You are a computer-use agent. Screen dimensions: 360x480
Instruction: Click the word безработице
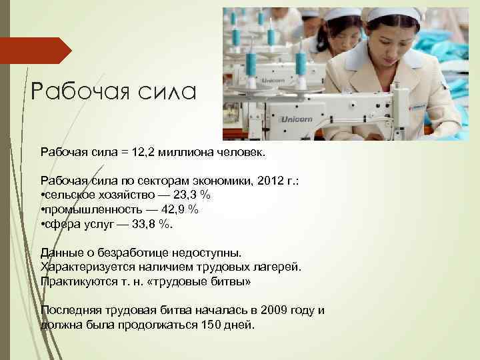[x=130, y=253]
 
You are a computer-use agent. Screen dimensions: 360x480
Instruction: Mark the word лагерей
[x=277, y=267]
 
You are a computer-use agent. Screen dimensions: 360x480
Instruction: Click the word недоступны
[x=205, y=253]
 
